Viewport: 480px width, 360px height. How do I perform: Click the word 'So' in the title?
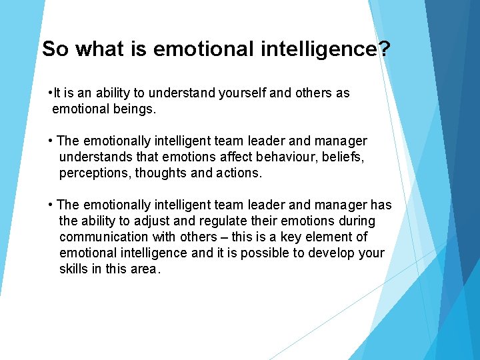click(55, 49)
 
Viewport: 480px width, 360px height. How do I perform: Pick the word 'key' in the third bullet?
click(291, 237)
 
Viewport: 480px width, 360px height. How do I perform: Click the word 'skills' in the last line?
click(74, 269)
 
